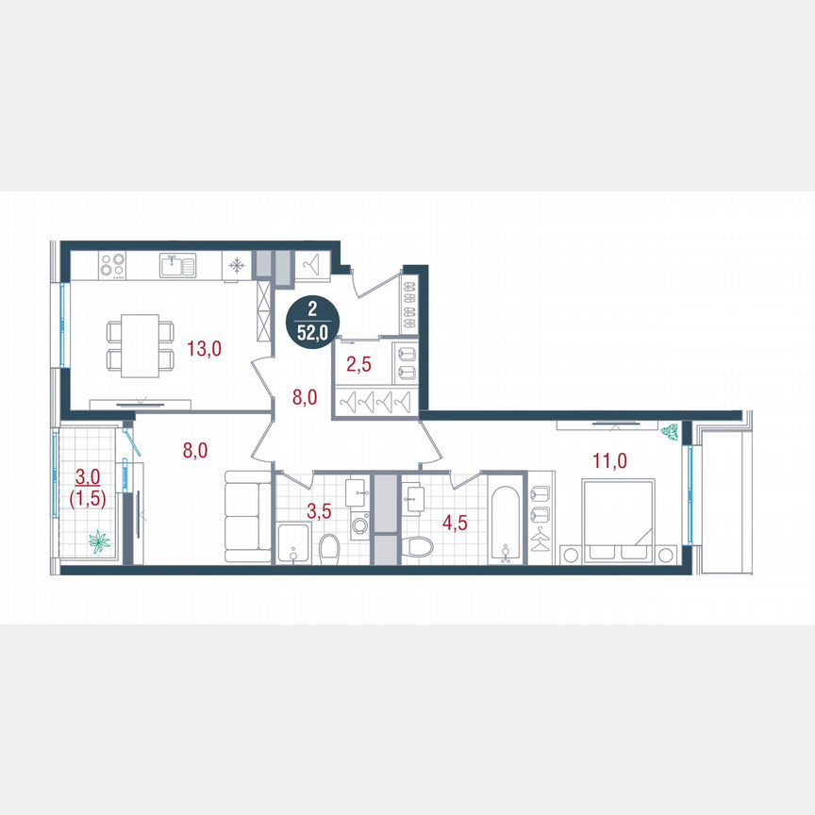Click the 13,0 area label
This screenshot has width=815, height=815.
(203, 349)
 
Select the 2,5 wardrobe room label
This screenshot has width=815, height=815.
(359, 364)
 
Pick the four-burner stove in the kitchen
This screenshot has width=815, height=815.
(114, 267)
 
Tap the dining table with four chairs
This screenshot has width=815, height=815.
(141, 345)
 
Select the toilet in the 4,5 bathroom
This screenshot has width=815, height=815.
(421, 547)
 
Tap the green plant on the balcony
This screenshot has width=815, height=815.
(99, 541)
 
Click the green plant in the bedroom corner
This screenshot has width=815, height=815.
(671, 432)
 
